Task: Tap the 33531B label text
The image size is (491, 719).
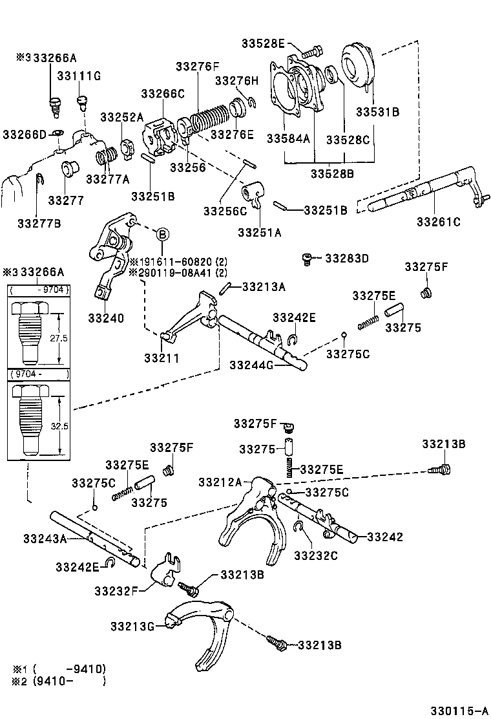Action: pos(377,111)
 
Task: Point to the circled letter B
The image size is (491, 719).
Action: pos(162,233)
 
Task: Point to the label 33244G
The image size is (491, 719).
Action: pos(252,365)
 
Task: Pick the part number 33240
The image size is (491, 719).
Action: pos(107,318)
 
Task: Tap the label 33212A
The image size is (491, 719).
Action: pos(220,482)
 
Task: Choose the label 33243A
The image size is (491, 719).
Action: pos(45,538)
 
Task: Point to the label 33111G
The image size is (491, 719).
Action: pos(79,76)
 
